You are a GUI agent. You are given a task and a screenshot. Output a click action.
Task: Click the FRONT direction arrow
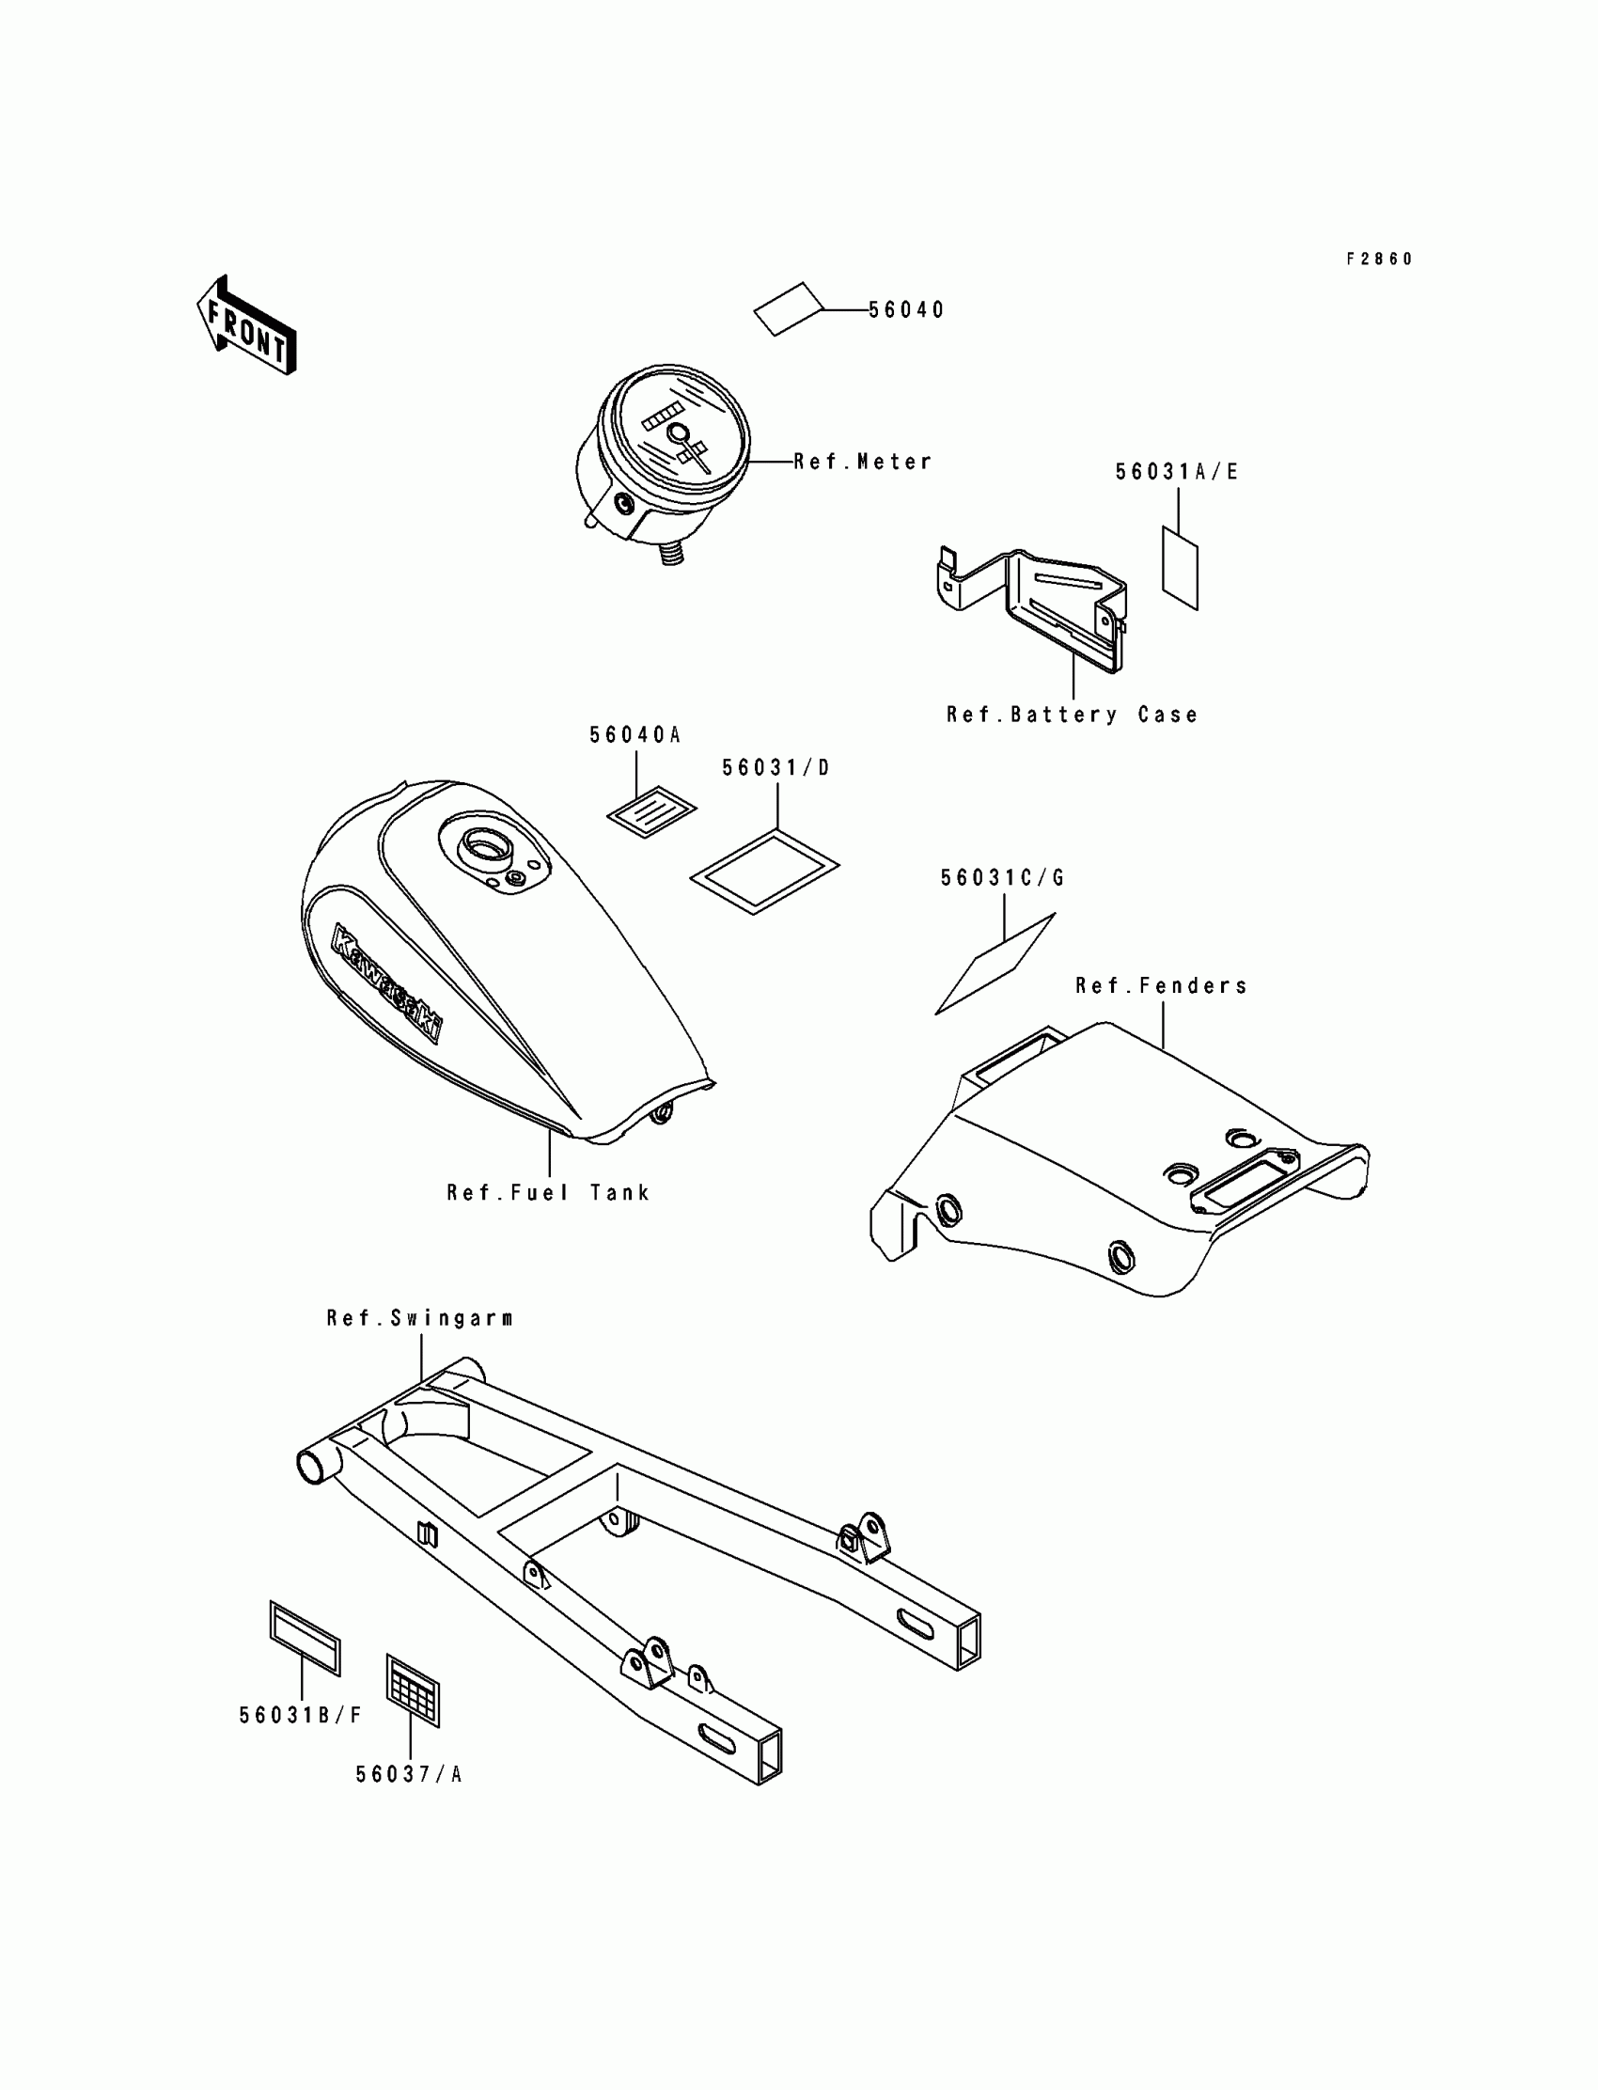tap(246, 325)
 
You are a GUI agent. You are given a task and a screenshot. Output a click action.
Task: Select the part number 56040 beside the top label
tap(905, 310)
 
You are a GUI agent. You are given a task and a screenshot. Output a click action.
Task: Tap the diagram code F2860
tap(1379, 259)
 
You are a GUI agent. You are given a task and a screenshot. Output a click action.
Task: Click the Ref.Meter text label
tap(863, 463)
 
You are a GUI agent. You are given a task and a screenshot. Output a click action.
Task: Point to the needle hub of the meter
tap(678, 433)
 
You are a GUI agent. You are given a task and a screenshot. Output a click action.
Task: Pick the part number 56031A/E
tap(1177, 473)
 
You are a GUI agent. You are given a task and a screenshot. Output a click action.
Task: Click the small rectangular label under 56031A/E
tap(1180, 568)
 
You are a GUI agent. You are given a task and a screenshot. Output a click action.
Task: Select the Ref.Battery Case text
tap(1072, 715)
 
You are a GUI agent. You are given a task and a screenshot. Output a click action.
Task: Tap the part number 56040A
tap(635, 735)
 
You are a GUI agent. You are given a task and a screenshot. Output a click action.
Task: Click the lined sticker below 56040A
tap(651, 810)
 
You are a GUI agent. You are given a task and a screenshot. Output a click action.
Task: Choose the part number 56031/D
tap(776, 768)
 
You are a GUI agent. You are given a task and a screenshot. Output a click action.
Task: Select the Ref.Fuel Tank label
tap(549, 1193)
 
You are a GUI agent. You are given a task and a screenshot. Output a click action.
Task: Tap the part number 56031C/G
tap(1003, 878)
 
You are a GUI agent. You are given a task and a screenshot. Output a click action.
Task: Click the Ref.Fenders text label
tap(1162, 986)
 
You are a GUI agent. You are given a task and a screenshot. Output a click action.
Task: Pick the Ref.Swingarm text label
tap(419, 1318)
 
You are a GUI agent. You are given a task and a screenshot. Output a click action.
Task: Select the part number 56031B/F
tap(301, 1715)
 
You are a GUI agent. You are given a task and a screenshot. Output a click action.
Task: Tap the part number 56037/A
tap(409, 1774)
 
